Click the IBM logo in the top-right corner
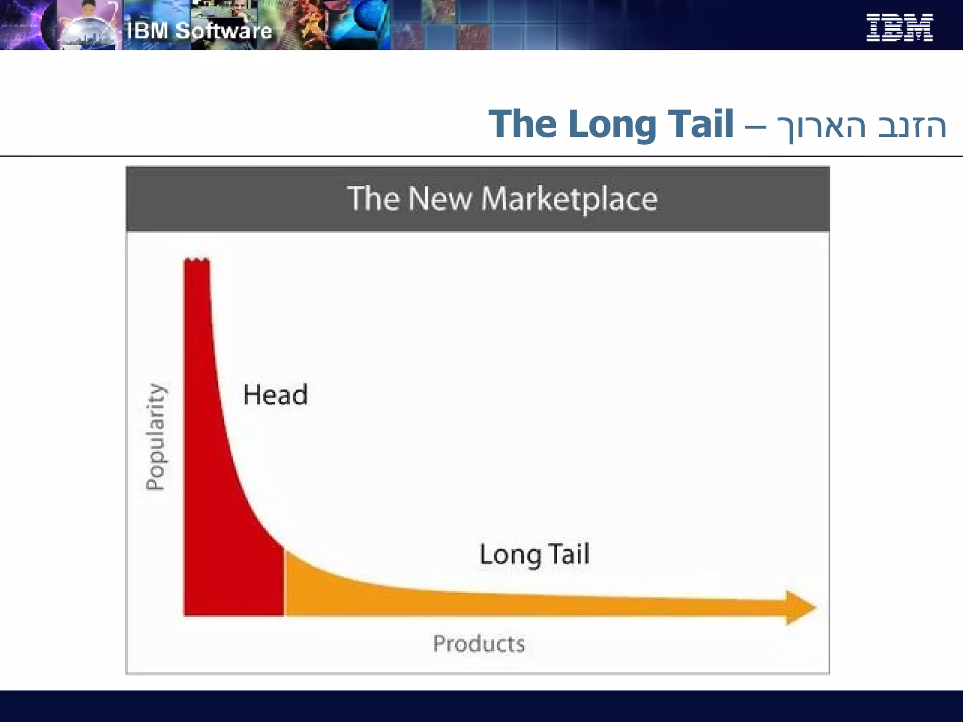tap(899, 28)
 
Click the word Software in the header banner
tap(224, 31)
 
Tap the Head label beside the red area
tap(276, 394)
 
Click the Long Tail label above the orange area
tap(534, 554)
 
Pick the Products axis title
tap(479, 644)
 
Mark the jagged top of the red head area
tap(197, 260)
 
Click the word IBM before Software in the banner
tap(147, 31)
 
